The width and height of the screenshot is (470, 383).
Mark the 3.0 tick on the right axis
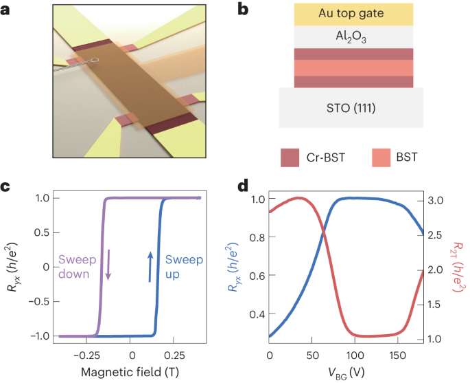click(x=440, y=200)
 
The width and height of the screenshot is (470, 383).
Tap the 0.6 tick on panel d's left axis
click(x=255, y=276)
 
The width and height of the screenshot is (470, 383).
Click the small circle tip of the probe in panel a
click(x=96, y=61)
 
